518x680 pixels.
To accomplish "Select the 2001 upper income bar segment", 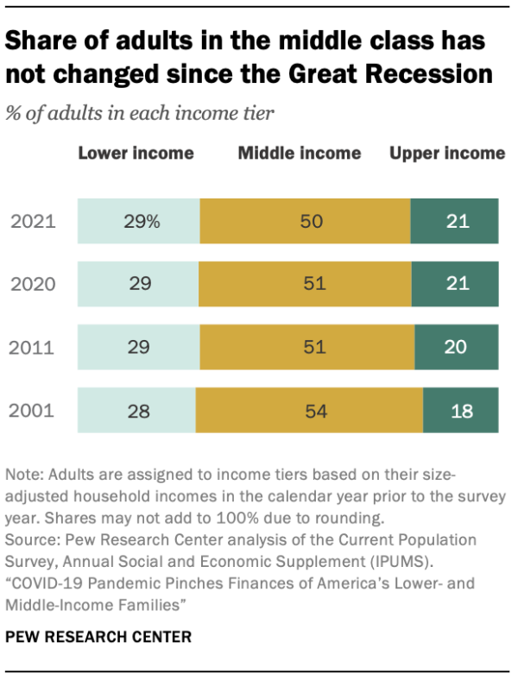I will [x=460, y=410].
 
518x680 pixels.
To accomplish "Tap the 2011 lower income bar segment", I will [x=138, y=347].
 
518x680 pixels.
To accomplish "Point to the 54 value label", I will [x=315, y=411].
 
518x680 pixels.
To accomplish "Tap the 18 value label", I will [x=462, y=411].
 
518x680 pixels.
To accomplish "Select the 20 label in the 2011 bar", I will [x=455, y=347].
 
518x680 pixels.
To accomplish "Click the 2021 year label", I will [x=32, y=222].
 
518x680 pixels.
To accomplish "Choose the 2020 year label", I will [x=32, y=285].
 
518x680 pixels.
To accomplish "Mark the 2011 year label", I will [x=32, y=348].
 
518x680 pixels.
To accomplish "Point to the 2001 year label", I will [x=32, y=411].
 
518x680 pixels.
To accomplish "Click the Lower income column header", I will [x=136, y=154].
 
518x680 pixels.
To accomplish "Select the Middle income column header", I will [x=300, y=154].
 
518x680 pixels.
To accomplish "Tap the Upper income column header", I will [x=447, y=154].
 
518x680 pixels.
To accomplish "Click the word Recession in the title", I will [x=428, y=73].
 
